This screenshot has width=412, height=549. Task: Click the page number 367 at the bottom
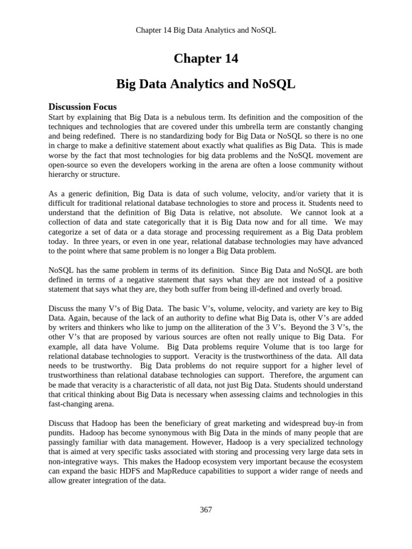(x=206, y=509)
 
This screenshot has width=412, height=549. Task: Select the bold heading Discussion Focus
(x=83, y=106)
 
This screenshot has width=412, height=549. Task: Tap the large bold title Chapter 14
(x=206, y=59)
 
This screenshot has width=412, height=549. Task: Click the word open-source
(x=68, y=165)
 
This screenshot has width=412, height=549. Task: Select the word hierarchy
(x=65, y=175)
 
